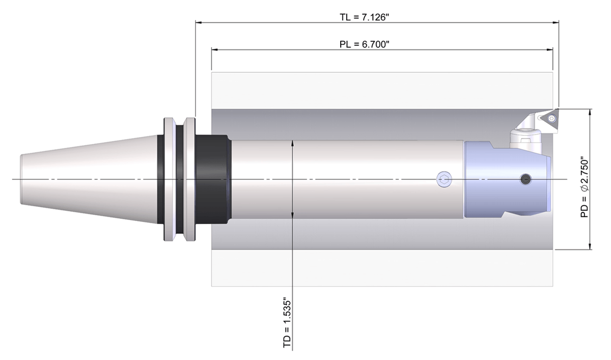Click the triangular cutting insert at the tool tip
(x=550, y=118)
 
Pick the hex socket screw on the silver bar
(x=443, y=179)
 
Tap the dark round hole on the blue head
(x=524, y=179)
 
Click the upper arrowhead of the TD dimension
(x=292, y=144)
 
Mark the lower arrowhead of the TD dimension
(x=292, y=215)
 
